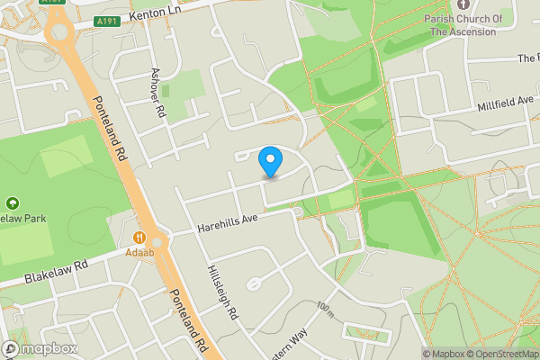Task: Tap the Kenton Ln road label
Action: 157,15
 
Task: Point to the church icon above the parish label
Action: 463,5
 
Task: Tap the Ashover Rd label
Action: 159,94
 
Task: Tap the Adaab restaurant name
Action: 139,253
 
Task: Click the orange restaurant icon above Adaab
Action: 139,238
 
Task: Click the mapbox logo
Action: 40,348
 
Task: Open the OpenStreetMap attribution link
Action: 499,354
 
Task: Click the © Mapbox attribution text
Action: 443,354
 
